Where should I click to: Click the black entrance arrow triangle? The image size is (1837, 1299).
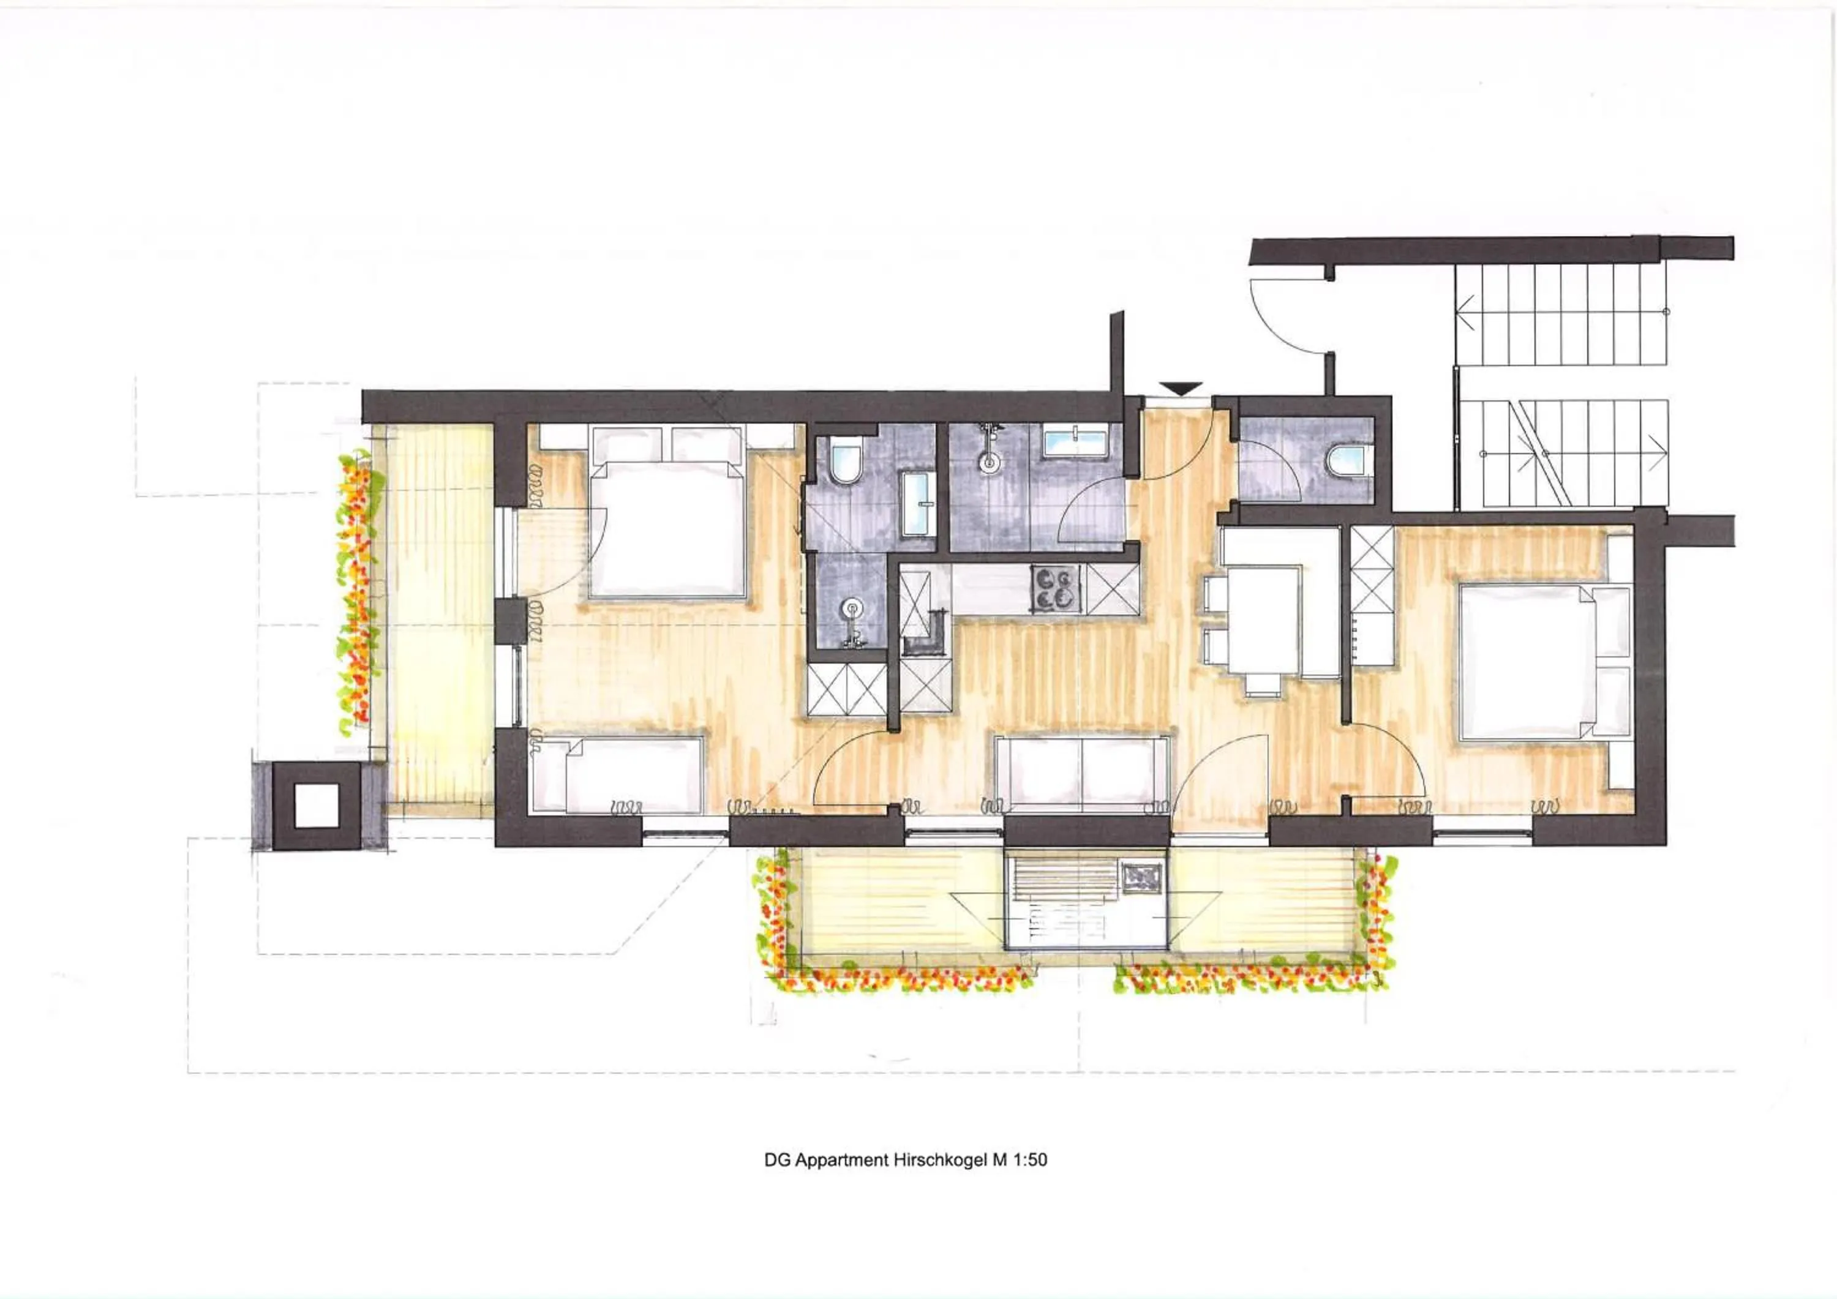click(1182, 389)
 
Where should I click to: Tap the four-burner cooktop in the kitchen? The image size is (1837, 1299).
click(1055, 588)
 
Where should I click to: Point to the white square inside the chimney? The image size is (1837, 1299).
click(316, 806)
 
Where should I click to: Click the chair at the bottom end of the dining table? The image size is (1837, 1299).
click(1263, 684)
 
